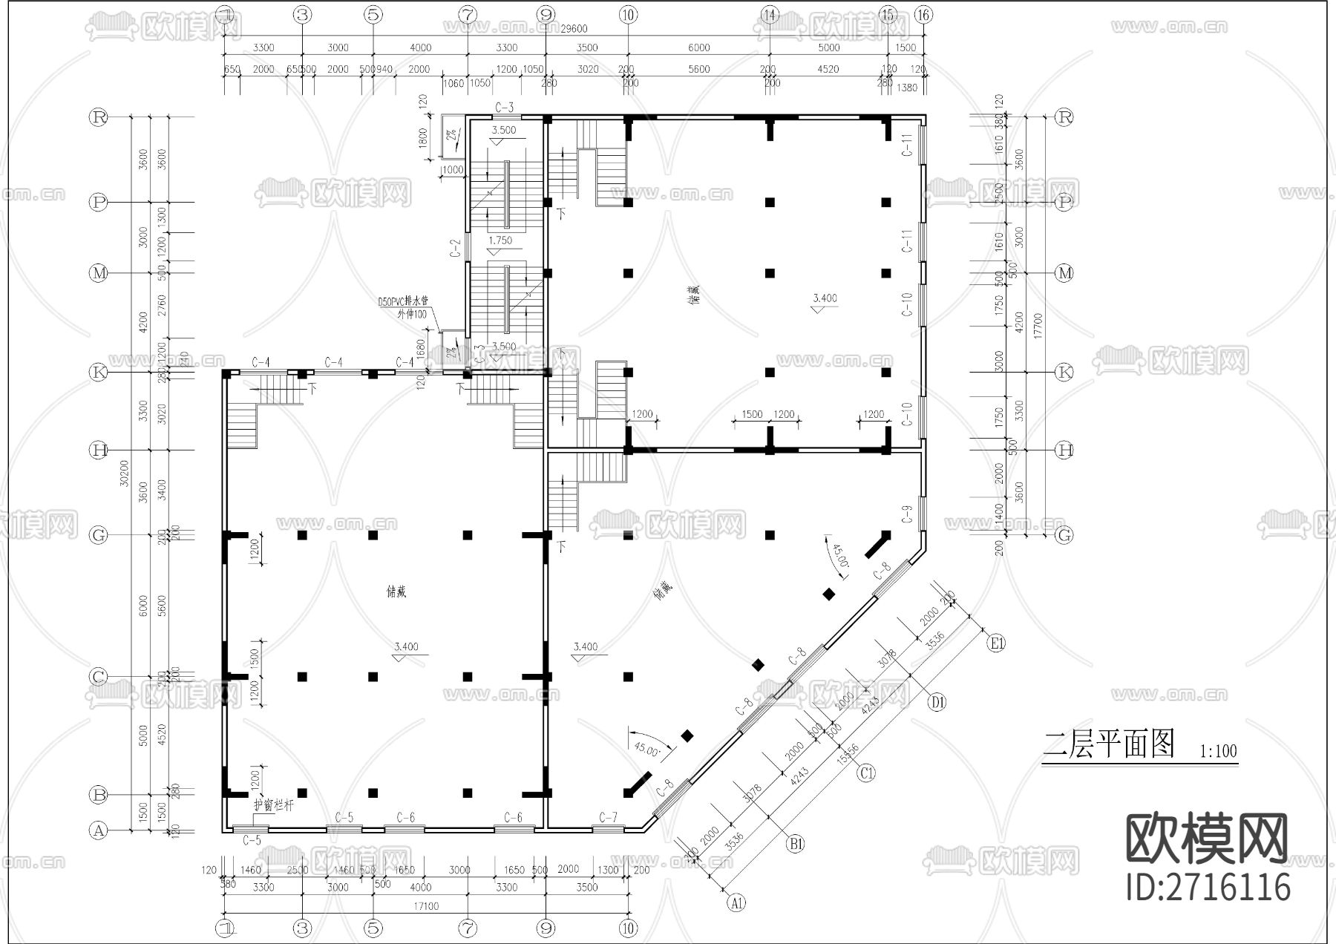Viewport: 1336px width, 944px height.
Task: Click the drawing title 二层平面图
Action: [1109, 744]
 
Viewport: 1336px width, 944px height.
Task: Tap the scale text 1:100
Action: [1218, 751]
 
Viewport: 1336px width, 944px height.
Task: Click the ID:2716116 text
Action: [1208, 888]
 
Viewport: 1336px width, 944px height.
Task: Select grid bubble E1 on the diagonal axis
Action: [996, 643]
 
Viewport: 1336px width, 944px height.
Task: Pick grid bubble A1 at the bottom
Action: [736, 903]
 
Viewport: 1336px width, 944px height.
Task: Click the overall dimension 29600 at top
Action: [573, 29]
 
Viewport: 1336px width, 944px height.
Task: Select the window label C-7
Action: [608, 817]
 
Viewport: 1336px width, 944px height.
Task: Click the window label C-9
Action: [907, 514]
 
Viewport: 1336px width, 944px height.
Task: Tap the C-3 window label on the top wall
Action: [504, 108]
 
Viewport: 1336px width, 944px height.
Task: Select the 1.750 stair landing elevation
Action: [501, 240]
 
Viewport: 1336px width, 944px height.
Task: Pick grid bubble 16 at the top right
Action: [923, 14]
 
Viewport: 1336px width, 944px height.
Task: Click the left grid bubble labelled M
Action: [99, 273]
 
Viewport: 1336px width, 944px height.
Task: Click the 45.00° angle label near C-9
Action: [839, 556]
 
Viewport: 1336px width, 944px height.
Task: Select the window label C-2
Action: [456, 248]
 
